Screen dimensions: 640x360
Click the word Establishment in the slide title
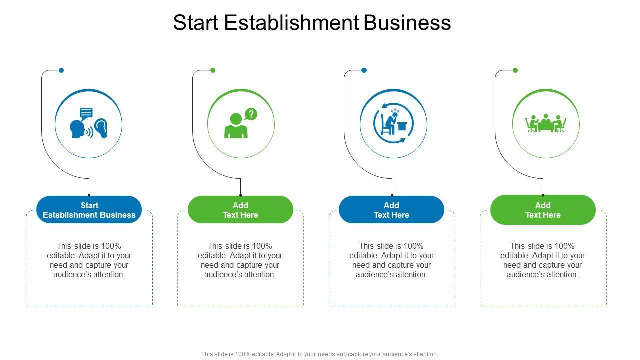(291, 23)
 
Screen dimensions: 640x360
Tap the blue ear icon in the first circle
(101, 128)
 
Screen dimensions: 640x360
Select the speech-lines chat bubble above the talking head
(86, 113)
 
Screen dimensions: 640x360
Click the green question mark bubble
(251, 114)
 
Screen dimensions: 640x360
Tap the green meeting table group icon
(545, 123)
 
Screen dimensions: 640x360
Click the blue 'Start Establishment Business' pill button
(89, 210)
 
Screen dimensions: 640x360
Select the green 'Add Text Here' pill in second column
(240, 210)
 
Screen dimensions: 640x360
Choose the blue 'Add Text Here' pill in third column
(391, 210)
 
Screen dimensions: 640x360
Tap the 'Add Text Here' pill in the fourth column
(543, 210)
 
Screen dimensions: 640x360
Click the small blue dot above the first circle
(61, 70)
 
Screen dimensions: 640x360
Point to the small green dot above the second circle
(213, 70)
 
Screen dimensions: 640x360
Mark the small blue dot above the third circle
(364, 70)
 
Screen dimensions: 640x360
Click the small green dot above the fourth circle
(515, 70)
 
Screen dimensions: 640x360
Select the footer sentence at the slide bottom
(319, 354)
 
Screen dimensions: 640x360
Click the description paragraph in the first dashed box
(89, 260)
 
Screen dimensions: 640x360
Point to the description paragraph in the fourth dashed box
(543, 260)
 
